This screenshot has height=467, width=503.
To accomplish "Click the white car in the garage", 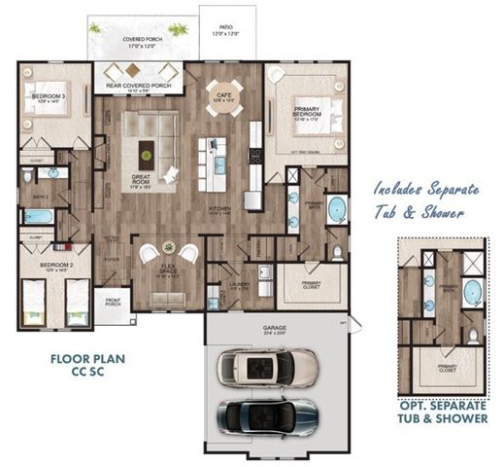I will pyautogui.click(x=266, y=367).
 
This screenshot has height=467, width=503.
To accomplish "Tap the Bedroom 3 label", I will pyautogui.click(x=49, y=99).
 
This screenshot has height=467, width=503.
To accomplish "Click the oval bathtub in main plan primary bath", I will pyautogui.click(x=337, y=209).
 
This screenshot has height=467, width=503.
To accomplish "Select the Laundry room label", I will pyautogui.click(x=240, y=286).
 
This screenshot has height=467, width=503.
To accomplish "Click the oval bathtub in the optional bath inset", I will pyautogui.click(x=473, y=292).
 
